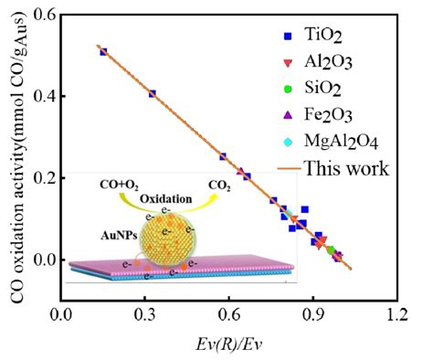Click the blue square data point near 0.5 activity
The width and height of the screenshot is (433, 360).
click(x=103, y=52)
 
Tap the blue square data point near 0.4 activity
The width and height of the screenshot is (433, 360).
click(x=153, y=93)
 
